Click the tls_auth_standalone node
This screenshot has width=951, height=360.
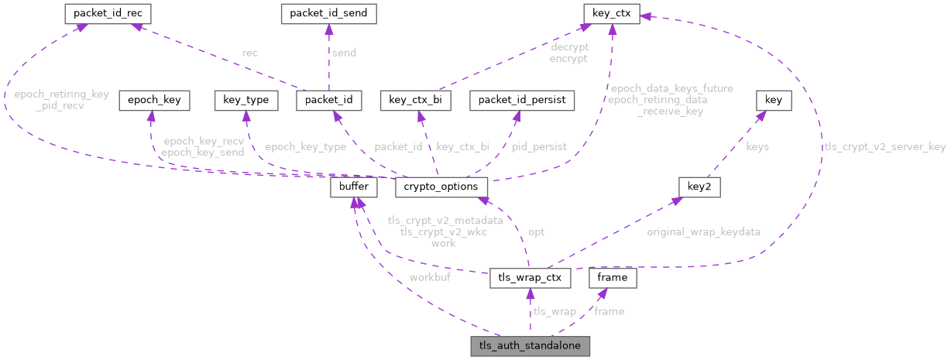click(530, 346)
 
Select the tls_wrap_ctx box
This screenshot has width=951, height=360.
click(530, 277)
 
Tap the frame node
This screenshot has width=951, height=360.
click(613, 277)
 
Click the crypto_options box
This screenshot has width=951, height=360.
click(441, 187)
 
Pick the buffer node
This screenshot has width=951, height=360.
click(354, 187)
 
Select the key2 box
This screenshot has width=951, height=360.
click(694, 187)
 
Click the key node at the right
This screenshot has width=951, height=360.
click(773, 100)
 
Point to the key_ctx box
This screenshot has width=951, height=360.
click(611, 13)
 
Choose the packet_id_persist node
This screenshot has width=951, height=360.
click(523, 100)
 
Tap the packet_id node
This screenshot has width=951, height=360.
click(329, 100)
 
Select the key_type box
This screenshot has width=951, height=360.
click(245, 100)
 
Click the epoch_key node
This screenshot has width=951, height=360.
click(149, 100)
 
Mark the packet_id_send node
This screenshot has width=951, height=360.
click(328, 13)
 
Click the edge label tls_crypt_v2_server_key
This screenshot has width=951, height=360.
click(884, 146)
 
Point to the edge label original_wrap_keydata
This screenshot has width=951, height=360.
click(703, 231)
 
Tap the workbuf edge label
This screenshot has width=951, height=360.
click(430, 276)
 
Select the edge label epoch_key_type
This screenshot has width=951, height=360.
click(304, 146)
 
